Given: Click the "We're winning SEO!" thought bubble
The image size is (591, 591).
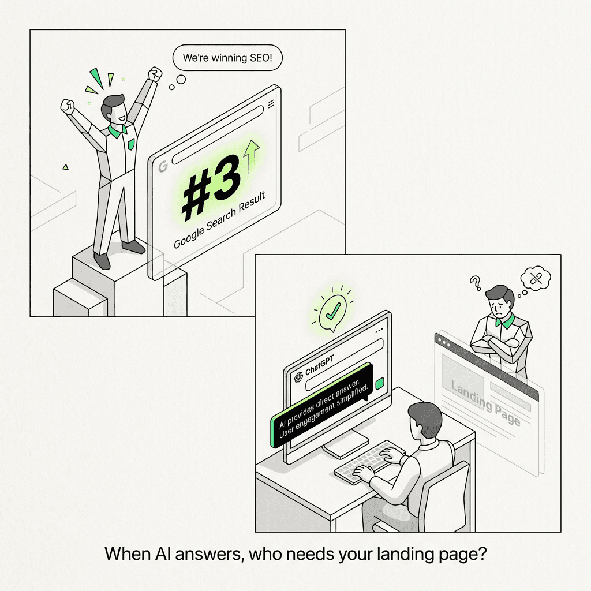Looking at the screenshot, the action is [227, 58].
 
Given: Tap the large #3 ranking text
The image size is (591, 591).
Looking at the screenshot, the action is [212, 188].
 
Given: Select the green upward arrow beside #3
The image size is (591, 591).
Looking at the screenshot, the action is [252, 156].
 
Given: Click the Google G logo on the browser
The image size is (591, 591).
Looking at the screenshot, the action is [163, 166].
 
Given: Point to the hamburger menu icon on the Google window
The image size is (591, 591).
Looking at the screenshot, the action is [271, 104].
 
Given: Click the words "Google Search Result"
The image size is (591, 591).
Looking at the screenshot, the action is [219, 220].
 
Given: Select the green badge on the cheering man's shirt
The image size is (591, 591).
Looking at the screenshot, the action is [131, 144].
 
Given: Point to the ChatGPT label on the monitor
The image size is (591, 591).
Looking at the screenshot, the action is [320, 365].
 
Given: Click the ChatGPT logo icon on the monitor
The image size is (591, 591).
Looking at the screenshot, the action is [298, 376].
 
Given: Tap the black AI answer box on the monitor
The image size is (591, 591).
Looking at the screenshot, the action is [322, 406].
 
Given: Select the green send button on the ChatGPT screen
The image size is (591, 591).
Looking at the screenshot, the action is [380, 383].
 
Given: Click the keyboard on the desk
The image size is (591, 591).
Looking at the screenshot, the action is [369, 462].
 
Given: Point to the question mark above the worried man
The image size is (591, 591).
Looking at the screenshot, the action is [476, 283].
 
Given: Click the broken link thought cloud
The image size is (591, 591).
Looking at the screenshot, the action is [536, 278].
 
